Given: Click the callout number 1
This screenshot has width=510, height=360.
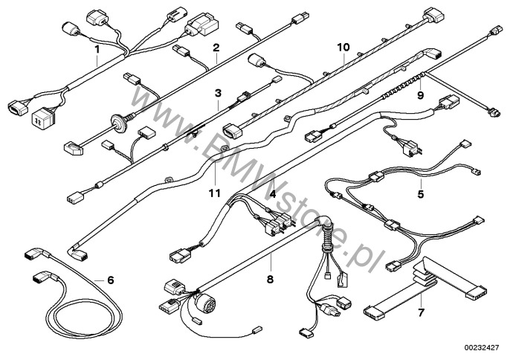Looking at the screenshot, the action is click(x=97, y=49).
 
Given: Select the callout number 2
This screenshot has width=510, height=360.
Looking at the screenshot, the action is click(x=216, y=48).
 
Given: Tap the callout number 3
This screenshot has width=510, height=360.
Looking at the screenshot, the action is click(x=218, y=93).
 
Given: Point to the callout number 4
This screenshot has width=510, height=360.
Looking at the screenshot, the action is click(x=273, y=193).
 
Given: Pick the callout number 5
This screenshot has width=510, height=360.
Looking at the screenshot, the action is click(x=421, y=194).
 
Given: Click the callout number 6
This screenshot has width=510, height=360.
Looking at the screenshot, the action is click(x=111, y=280).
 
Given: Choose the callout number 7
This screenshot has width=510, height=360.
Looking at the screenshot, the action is click(x=421, y=313).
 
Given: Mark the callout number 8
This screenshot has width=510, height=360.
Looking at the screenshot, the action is click(x=270, y=279).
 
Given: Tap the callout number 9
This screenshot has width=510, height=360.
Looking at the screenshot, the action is click(x=421, y=95).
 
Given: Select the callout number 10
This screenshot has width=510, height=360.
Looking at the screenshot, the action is click(x=343, y=47).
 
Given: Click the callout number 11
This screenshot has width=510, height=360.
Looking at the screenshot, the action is click(x=215, y=193).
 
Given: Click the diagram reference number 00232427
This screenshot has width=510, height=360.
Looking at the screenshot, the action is click(x=483, y=347).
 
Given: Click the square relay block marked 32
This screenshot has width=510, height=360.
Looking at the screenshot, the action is click(x=43, y=116).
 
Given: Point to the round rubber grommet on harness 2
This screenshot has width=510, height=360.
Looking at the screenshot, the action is click(x=118, y=122).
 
